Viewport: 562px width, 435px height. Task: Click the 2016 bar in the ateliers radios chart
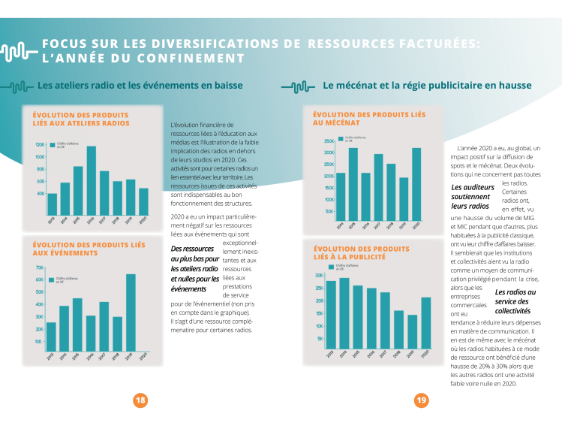(91, 170)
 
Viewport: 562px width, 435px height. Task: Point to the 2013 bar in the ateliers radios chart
(52, 204)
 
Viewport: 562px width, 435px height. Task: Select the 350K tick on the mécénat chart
(329, 141)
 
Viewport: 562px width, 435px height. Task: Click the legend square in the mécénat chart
(340, 139)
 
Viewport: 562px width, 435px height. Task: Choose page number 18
(140, 400)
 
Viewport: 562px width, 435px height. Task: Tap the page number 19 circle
(422, 400)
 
